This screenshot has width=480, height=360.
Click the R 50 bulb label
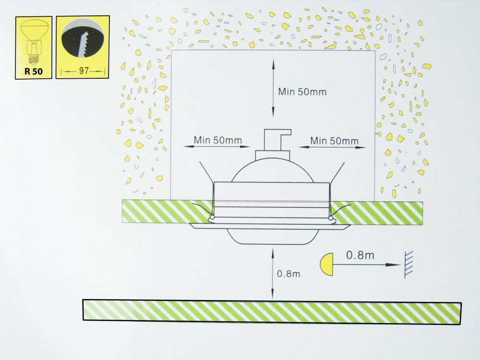[34, 72]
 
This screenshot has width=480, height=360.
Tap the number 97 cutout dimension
[84, 71]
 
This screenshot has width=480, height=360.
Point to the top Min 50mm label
[302, 92]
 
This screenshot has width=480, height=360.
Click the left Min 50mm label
[217, 140]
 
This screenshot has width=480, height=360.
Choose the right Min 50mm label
[334, 141]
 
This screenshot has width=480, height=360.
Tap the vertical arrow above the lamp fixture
[273, 88]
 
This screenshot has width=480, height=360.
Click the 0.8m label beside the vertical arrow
[288, 274]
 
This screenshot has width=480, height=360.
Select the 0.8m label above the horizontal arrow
[360, 255]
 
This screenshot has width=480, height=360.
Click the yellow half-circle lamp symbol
[327, 264]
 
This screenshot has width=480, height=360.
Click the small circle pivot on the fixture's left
[212, 217]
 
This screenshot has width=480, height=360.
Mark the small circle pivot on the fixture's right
[331, 218]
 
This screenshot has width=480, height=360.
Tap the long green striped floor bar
[272, 312]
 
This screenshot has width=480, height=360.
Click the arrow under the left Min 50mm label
[217, 146]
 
